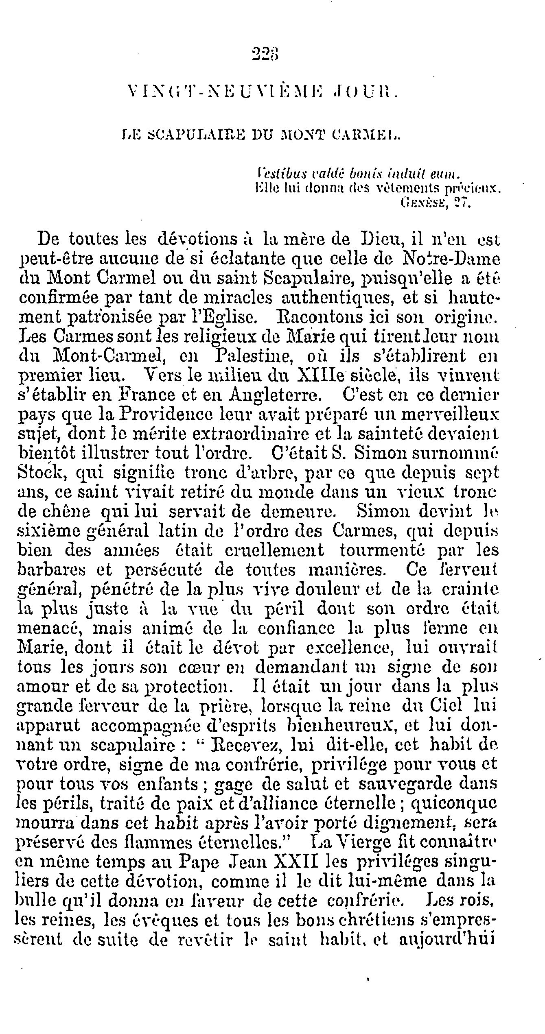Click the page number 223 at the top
267,53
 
